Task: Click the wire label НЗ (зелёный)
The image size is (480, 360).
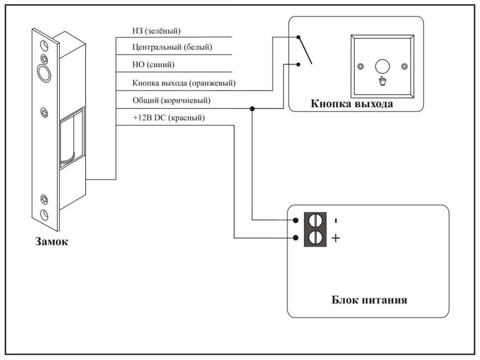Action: [156, 31]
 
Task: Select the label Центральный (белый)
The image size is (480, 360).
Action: [172, 47]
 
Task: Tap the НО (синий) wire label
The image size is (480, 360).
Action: [153, 65]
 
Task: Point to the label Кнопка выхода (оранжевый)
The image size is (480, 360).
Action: [184, 83]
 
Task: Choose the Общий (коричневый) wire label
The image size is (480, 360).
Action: [171, 101]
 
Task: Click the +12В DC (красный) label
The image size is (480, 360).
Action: [169, 118]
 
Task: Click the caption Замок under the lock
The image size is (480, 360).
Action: [52, 242]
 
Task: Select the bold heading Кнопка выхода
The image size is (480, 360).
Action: [351, 104]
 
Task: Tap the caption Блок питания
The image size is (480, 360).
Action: [369, 300]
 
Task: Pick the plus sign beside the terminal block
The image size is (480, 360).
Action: [336, 239]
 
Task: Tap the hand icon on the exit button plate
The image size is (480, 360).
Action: [382, 81]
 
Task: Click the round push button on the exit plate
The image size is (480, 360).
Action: [382, 67]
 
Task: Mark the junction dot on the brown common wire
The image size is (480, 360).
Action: [252, 108]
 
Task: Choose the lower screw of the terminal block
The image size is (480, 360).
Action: [315, 238]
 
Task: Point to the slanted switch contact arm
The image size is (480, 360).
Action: [305, 50]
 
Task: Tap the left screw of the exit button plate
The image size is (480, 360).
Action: [360, 67]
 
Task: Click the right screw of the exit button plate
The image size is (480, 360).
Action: [404, 67]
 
